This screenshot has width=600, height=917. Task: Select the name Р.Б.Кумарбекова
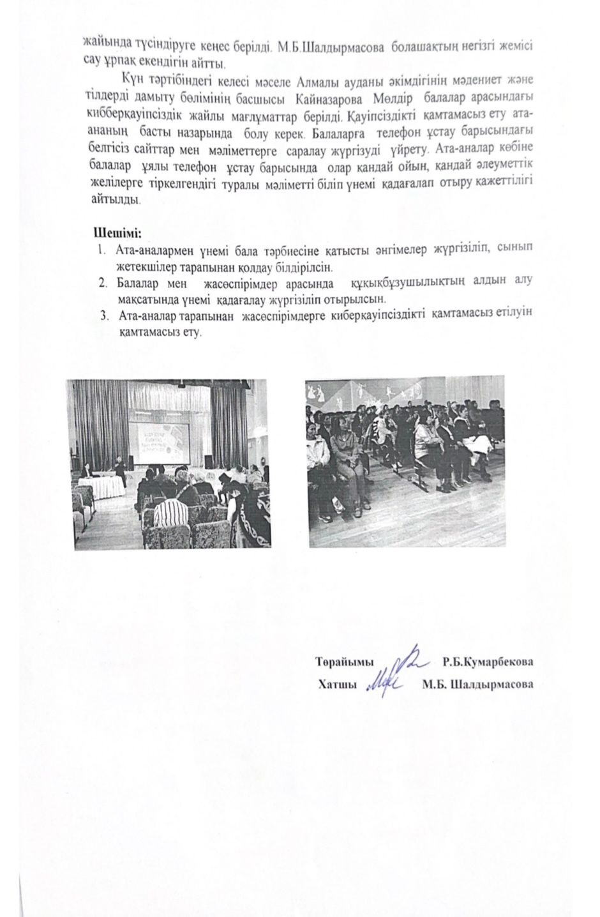pyautogui.click(x=488, y=662)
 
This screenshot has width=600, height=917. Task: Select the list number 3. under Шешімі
pyautogui.click(x=105, y=315)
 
